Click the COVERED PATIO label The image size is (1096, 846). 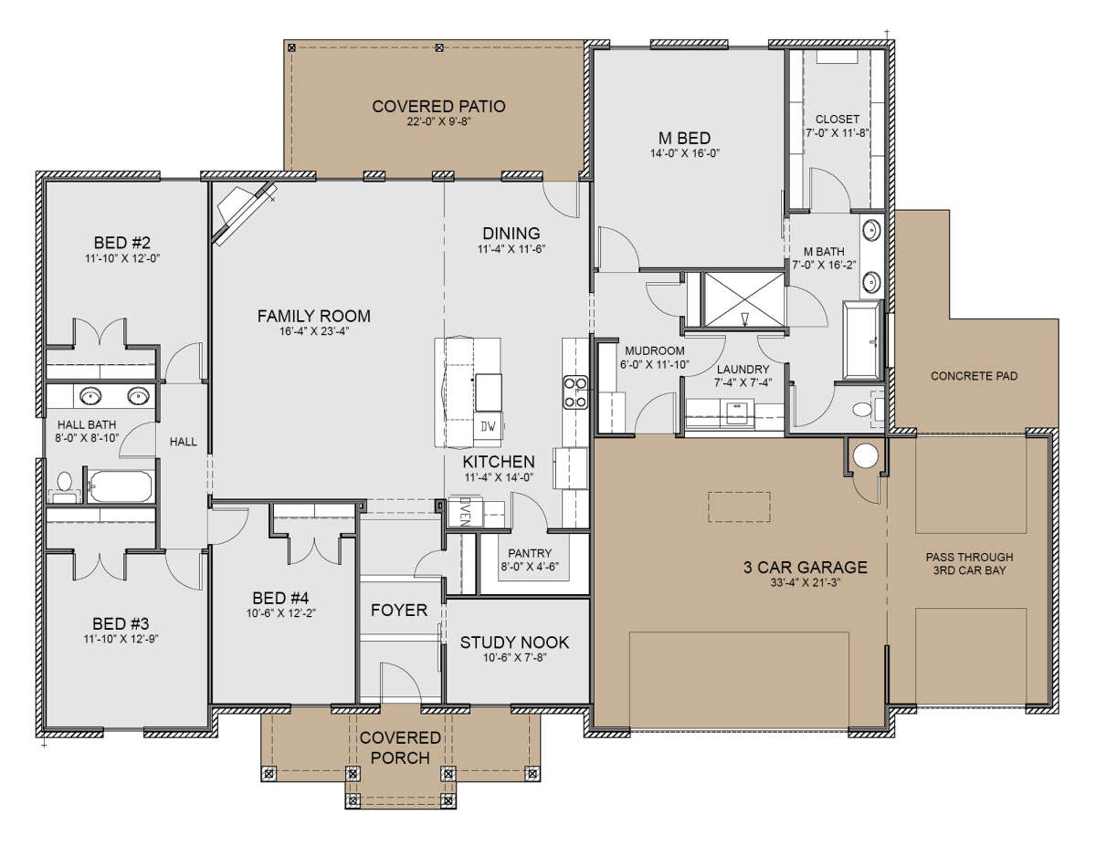(x=438, y=106)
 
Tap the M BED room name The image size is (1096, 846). (x=684, y=138)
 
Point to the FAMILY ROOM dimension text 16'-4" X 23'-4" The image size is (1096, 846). (x=314, y=331)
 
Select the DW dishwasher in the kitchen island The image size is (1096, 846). (x=488, y=427)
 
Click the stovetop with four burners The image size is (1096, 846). (x=575, y=392)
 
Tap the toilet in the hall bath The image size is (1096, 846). (x=64, y=486)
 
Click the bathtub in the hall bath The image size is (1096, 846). (x=121, y=486)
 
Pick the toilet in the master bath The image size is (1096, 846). (x=868, y=408)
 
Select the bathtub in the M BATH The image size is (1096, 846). (x=861, y=340)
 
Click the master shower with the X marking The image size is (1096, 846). (x=744, y=300)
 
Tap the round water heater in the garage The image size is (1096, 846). (x=866, y=455)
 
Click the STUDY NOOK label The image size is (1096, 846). (x=514, y=642)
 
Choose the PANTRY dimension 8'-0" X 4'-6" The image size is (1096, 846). (x=530, y=567)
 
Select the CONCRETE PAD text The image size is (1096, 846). (x=974, y=376)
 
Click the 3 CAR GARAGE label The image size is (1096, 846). (x=805, y=568)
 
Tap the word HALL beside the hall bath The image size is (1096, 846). (x=183, y=442)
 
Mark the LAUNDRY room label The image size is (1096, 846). (x=743, y=370)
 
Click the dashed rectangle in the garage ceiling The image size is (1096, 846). (x=739, y=507)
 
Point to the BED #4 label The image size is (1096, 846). (x=280, y=598)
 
